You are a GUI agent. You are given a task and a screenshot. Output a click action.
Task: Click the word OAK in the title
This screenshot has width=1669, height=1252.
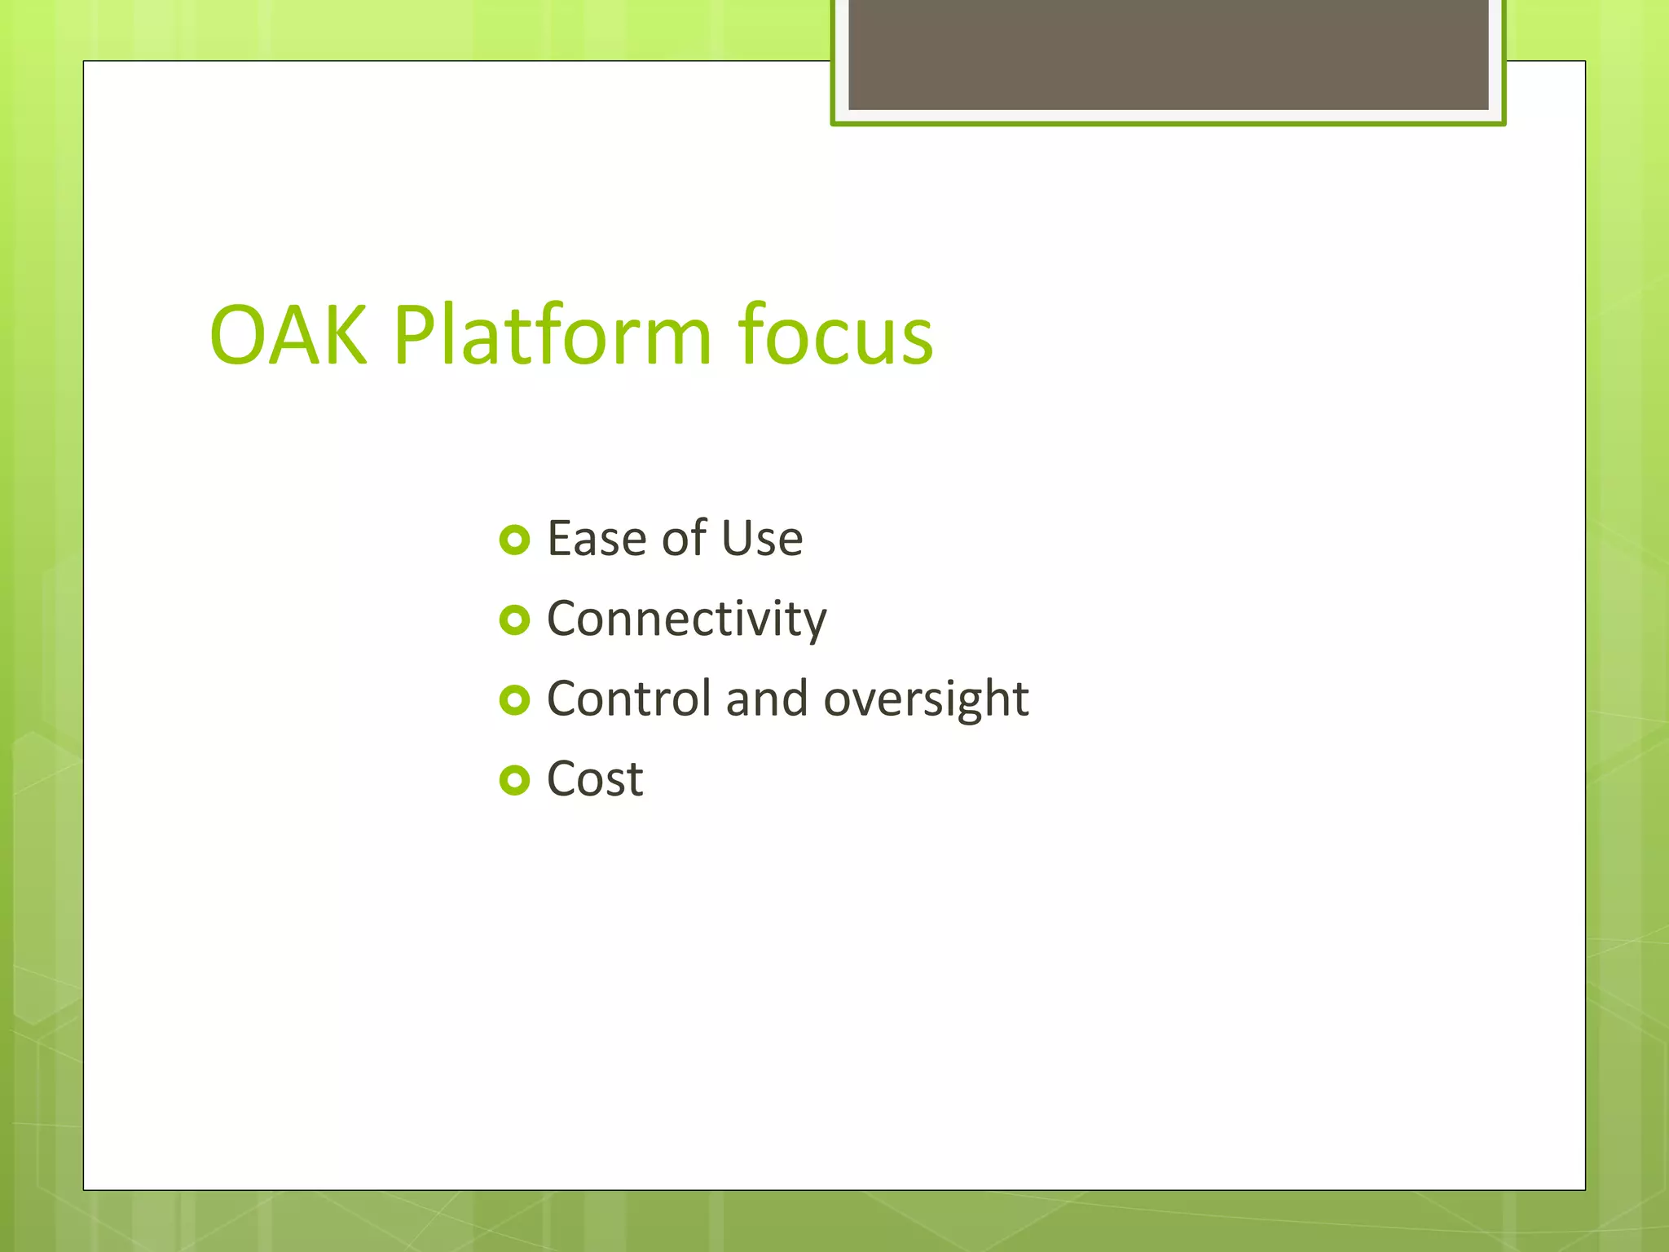point(287,335)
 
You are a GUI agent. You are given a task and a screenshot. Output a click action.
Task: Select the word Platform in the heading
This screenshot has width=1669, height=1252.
point(553,335)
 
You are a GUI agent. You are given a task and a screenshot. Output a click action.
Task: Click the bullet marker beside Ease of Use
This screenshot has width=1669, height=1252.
point(514,540)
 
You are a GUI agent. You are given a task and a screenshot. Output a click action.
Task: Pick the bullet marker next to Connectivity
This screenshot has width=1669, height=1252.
point(514,620)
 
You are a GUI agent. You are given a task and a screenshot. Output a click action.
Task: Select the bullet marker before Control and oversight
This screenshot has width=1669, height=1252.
point(514,699)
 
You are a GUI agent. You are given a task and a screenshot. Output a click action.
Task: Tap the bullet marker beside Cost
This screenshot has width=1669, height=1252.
point(514,780)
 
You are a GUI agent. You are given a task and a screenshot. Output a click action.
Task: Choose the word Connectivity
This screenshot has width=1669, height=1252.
point(686,619)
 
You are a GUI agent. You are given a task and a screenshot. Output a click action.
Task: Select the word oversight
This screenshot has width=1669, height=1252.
point(926,700)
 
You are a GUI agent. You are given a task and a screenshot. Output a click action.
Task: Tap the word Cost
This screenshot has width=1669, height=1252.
point(595,779)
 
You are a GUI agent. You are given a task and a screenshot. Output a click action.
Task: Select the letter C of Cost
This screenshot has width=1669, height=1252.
point(563,779)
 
